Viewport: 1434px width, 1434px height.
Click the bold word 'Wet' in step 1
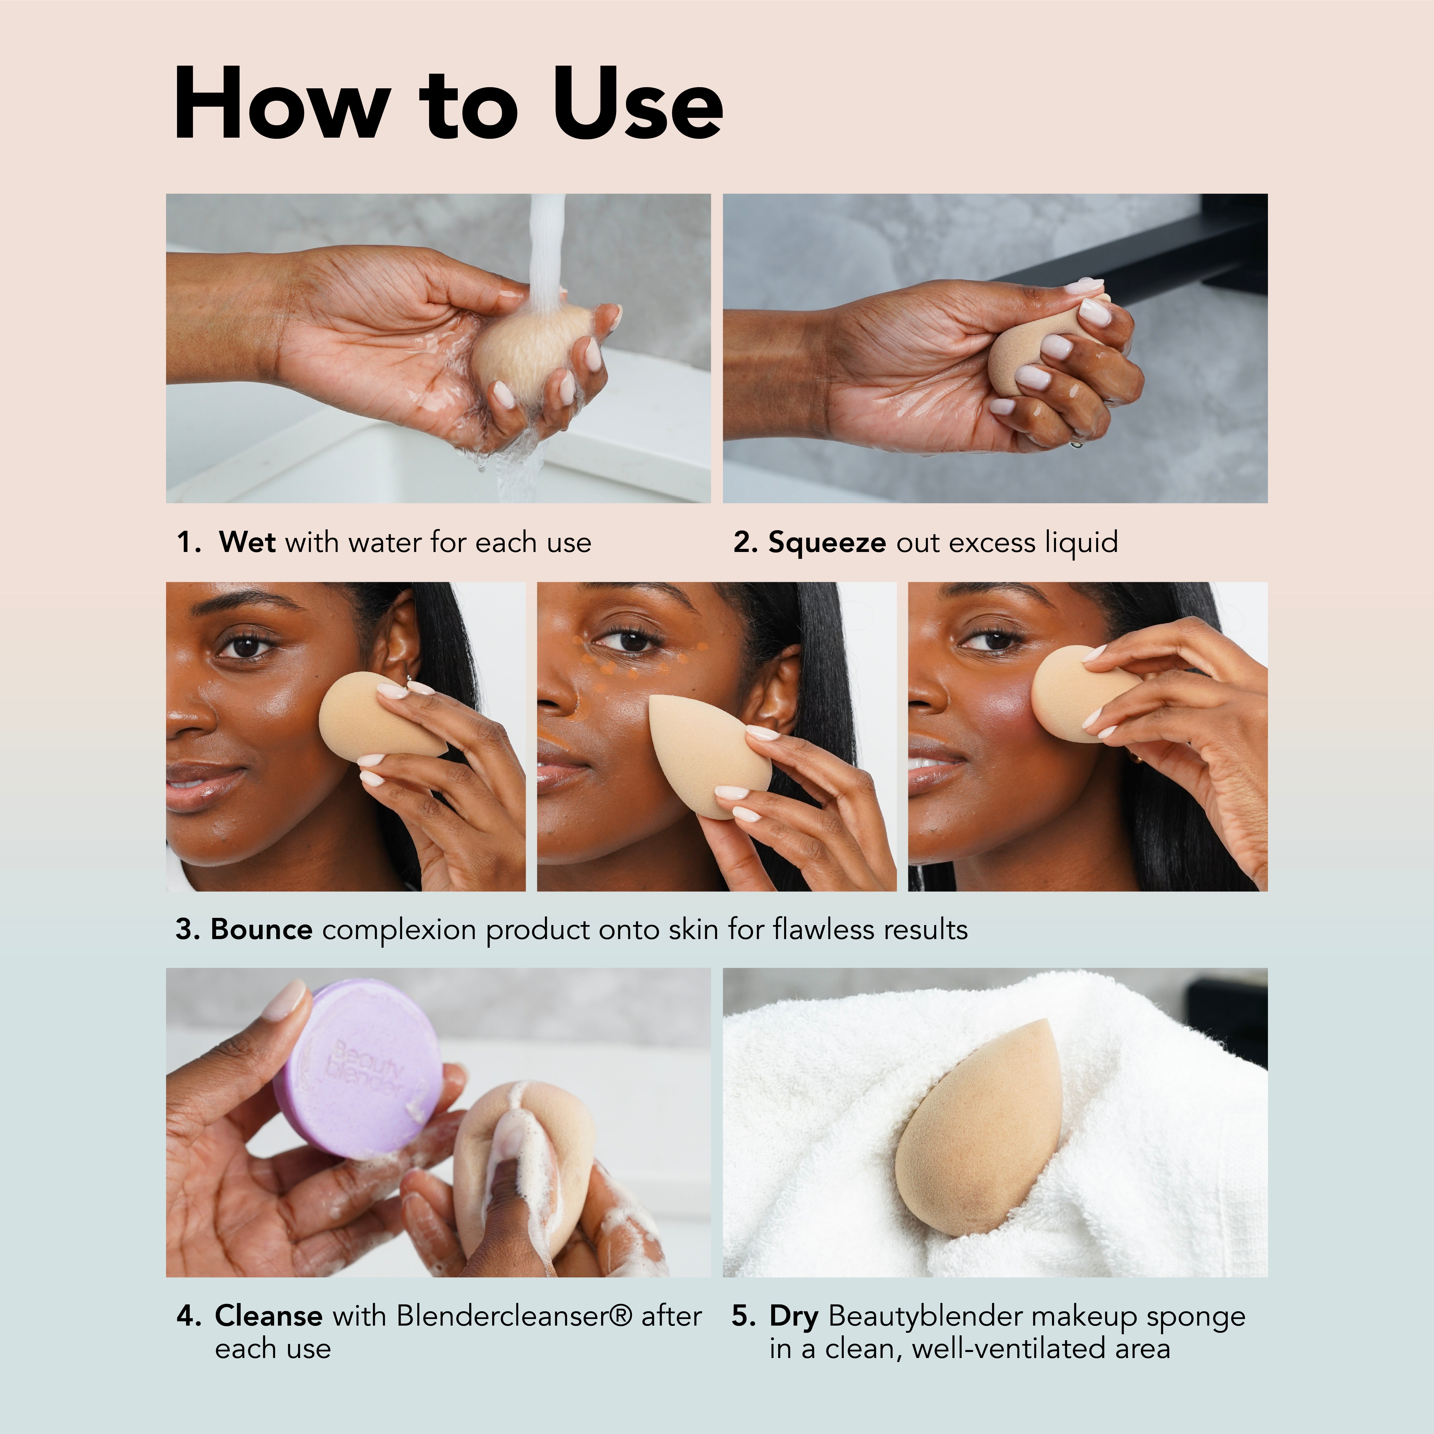tap(247, 543)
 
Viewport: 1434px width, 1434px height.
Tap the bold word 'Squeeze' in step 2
tap(826, 543)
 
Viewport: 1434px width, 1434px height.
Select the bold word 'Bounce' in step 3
tap(261, 929)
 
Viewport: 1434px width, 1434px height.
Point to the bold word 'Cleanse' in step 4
tap(268, 1316)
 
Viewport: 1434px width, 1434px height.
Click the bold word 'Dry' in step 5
tap(794, 1316)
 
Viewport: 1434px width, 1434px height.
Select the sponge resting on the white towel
tap(980, 1128)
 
